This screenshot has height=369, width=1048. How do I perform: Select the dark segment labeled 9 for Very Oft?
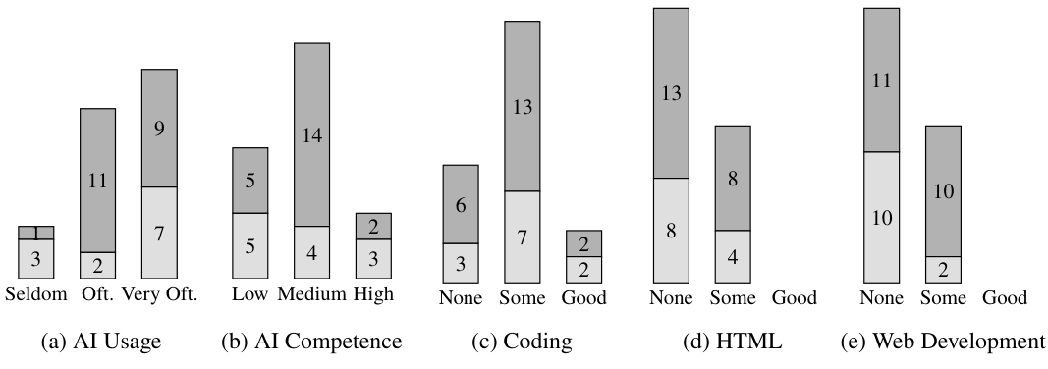click(x=159, y=128)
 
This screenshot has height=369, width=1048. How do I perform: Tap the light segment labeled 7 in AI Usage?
click(x=159, y=233)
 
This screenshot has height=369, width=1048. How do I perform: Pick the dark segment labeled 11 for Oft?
click(x=97, y=180)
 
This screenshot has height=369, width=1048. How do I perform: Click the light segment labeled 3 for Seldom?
click(x=36, y=259)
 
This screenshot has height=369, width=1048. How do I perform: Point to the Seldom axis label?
click(x=36, y=294)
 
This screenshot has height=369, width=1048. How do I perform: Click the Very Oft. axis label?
click(x=160, y=294)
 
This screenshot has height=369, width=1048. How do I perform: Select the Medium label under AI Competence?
click(x=311, y=294)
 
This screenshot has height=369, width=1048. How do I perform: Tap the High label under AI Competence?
click(x=373, y=294)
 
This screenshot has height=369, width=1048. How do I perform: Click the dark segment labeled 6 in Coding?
click(x=461, y=204)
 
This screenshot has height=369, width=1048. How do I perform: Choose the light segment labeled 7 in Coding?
click(x=522, y=237)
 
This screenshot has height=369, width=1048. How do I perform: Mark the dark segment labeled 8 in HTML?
click(x=733, y=178)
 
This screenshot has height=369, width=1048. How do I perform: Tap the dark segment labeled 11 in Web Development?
click(x=881, y=79)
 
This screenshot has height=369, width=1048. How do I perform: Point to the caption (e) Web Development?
click(x=941, y=342)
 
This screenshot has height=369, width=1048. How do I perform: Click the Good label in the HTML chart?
click(x=794, y=297)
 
